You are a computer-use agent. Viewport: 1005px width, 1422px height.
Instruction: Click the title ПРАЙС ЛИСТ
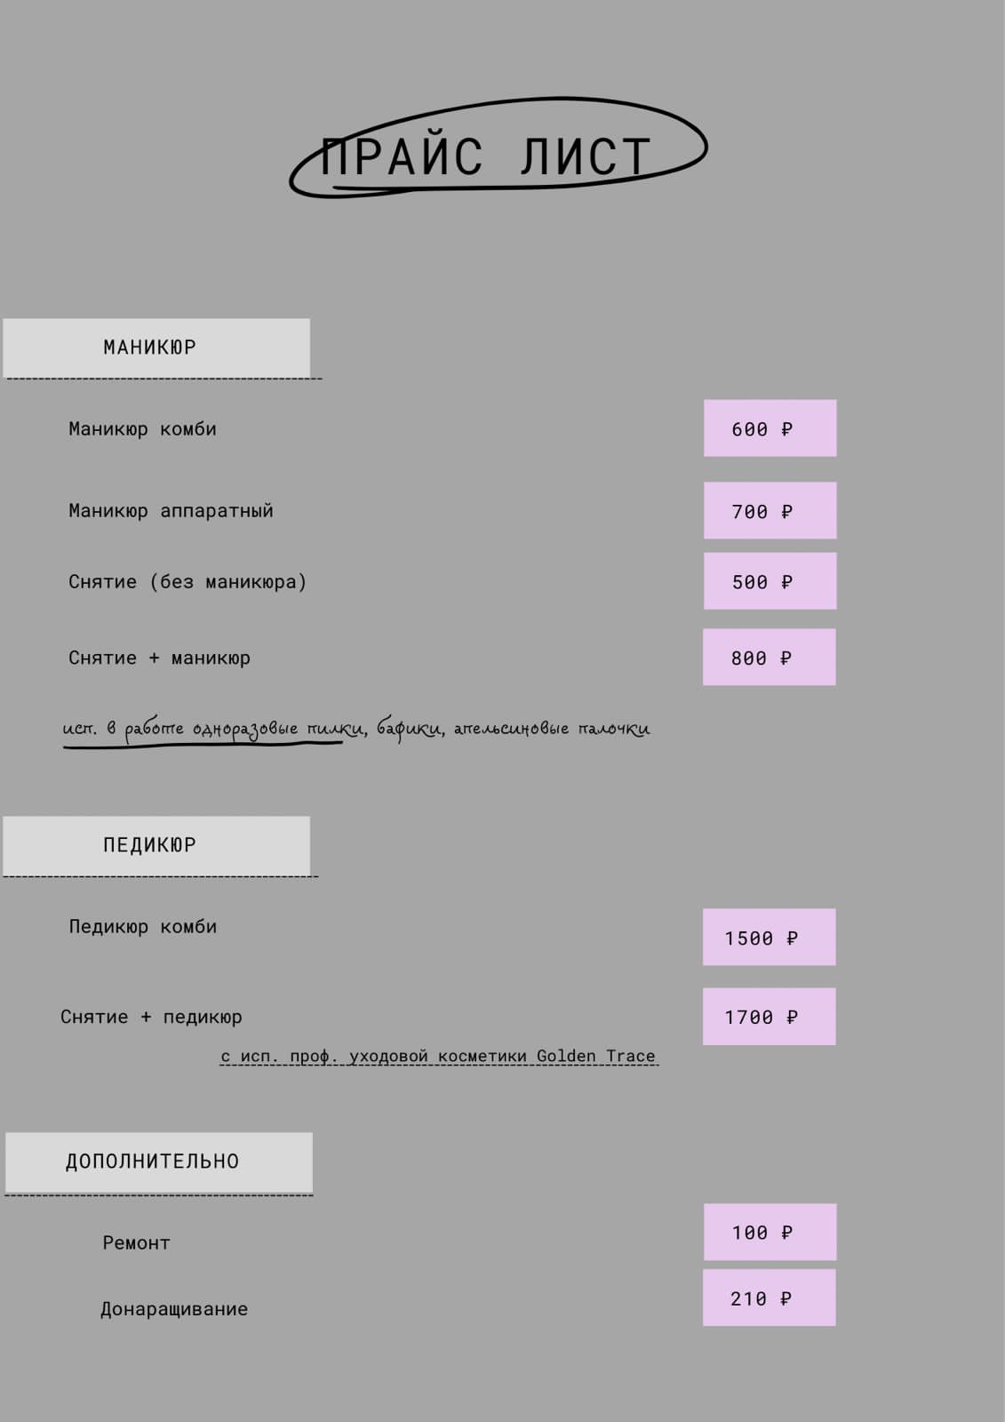(486, 156)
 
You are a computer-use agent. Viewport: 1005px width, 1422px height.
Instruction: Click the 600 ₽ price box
(770, 428)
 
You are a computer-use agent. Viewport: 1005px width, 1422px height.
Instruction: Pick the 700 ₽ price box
(770, 511)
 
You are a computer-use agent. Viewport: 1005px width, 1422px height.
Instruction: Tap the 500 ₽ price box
(770, 581)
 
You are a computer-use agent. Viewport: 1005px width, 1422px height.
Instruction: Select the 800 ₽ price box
(769, 658)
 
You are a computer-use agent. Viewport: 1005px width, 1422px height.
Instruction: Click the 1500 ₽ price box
(769, 938)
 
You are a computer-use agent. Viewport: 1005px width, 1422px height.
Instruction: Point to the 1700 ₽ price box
(769, 1017)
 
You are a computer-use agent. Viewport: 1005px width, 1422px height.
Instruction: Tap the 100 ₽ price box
(770, 1233)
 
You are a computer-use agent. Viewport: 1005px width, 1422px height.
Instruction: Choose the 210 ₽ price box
(769, 1298)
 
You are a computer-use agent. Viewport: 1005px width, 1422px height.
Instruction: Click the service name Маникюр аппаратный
(171, 511)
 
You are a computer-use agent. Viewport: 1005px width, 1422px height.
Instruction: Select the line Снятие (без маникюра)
(187, 582)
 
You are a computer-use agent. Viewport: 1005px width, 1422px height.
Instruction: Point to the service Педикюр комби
(143, 927)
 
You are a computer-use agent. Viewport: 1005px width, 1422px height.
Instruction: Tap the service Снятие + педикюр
(151, 1017)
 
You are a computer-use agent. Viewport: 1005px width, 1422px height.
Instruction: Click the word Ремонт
(136, 1243)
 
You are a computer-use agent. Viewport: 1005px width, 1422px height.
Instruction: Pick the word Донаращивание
(174, 1309)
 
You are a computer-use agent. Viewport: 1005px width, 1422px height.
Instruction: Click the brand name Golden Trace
(595, 1056)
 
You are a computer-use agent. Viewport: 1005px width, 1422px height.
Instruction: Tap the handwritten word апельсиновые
(511, 729)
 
